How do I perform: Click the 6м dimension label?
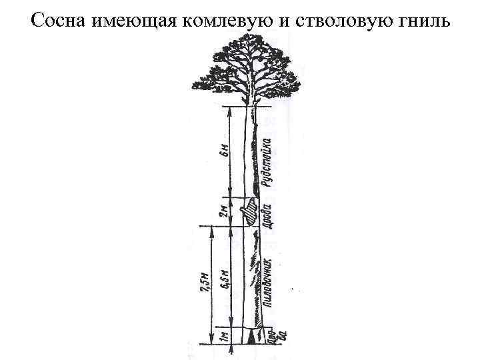[x=224, y=152]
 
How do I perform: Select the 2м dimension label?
[x=224, y=212]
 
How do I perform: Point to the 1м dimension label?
[x=224, y=336]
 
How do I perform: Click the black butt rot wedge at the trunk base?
[x=252, y=337]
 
